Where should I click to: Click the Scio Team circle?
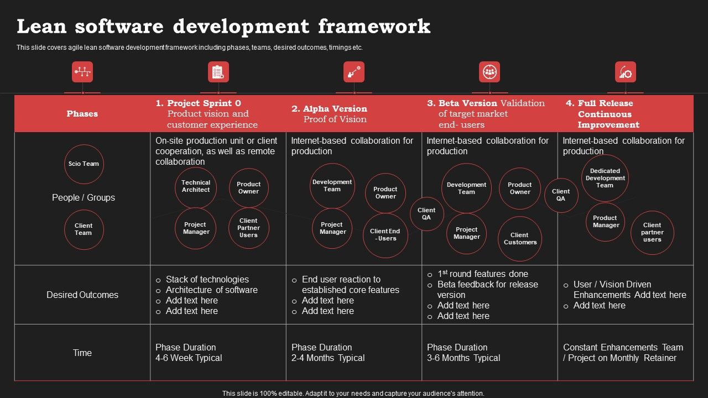coord(84,164)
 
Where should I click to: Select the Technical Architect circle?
coord(196,187)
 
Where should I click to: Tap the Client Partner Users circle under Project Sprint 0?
coord(248,228)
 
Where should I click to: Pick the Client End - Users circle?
coord(385,235)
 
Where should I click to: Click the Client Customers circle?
coord(520,239)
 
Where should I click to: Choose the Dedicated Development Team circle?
coord(605,178)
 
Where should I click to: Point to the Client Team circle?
coord(84,229)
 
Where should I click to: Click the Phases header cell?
coord(82,114)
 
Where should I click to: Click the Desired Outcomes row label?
coord(82,295)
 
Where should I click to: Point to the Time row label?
coord(82,353)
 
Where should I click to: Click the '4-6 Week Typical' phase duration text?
coord(189,358)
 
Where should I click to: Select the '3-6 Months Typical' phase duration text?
coord(464,358)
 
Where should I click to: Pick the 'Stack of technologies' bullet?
coord(207,280)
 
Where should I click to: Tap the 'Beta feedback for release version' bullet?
coord(487,290)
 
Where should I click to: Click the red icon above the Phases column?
coord(82,72)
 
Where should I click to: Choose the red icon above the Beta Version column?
coord(490,72)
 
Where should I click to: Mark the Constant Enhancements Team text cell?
coord(623,353)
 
